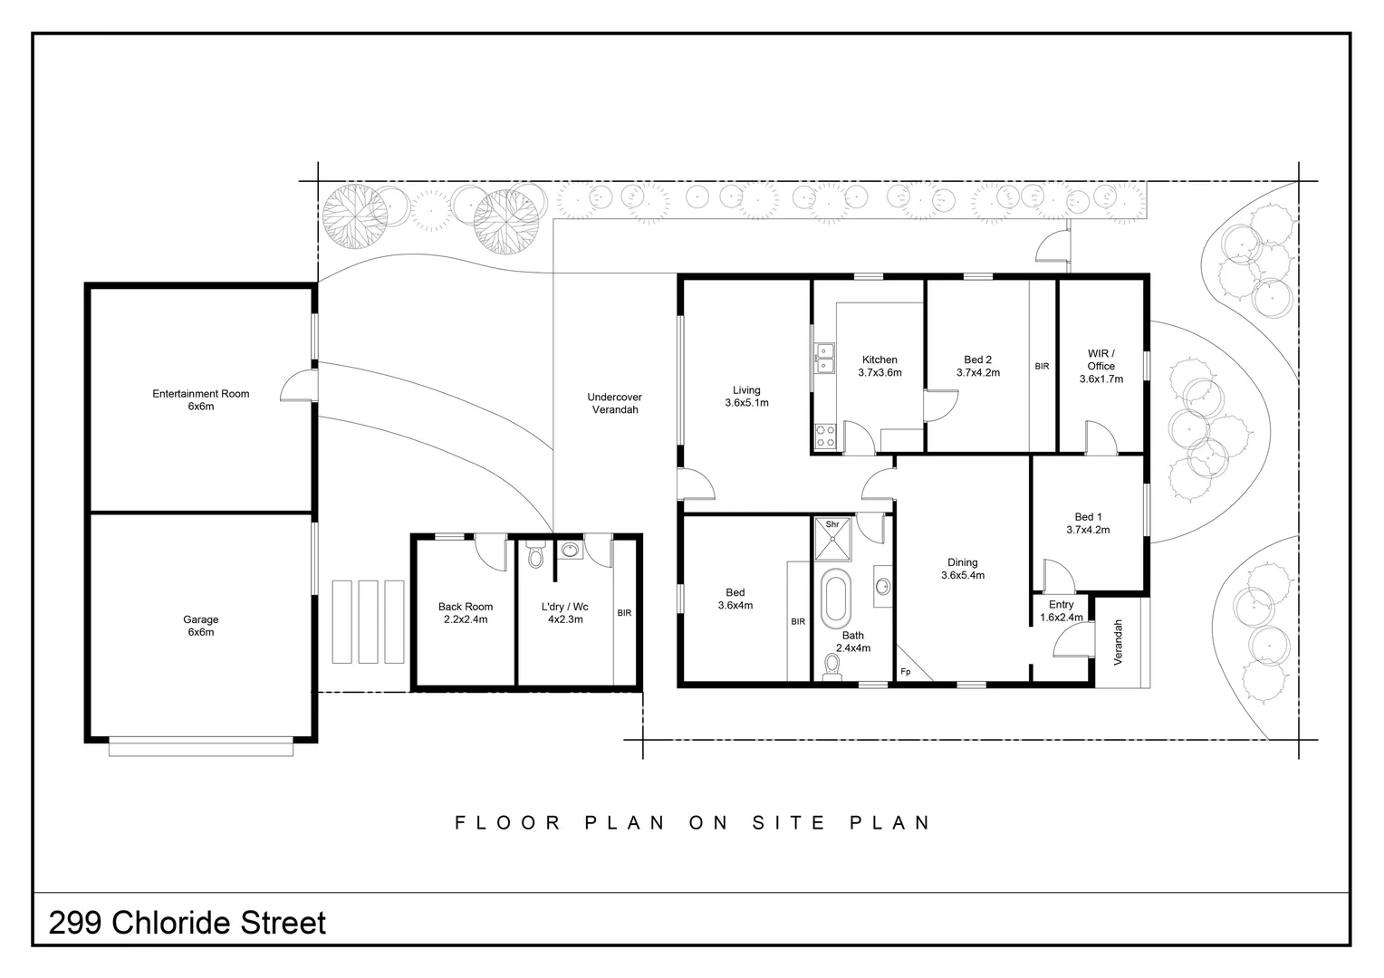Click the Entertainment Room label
click(x=201, y=394)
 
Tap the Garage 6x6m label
click(x=201, y=625)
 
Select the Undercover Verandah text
click(x=615, y=403)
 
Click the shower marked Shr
click(x=833, y=539)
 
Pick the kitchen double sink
click(x=825, y=359)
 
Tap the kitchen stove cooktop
click(x=825, y=436)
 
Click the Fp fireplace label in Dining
click(x=905, y=672)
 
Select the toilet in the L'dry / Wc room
click(x=535, y=555)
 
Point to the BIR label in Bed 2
click(x=1042, y=367)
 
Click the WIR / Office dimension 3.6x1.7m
click(x=1101, y=379)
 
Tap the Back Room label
click(x=466, y=607)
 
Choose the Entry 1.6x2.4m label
click(x=1061, y=610)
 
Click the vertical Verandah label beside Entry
click(x=1117, y=643)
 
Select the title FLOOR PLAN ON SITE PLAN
click(x=692, y=822)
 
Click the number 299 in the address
click(x=75, y=923)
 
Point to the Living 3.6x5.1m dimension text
click(x=746, y=403)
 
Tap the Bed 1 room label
click(x=1088, y=516)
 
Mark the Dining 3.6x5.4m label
click(x=963, y=569)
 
